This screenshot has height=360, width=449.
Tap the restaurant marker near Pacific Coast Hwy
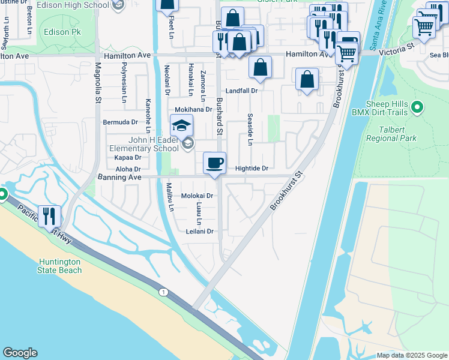49,217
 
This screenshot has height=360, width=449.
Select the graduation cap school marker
181,126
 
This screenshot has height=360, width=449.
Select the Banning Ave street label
119,178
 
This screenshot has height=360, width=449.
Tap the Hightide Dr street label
252,169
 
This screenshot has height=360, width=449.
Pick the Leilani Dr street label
200,231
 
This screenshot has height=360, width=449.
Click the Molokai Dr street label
197,196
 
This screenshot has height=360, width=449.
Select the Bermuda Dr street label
121,122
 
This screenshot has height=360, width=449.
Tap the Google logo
20,353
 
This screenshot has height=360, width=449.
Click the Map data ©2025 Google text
411,355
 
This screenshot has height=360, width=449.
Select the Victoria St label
397,46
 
